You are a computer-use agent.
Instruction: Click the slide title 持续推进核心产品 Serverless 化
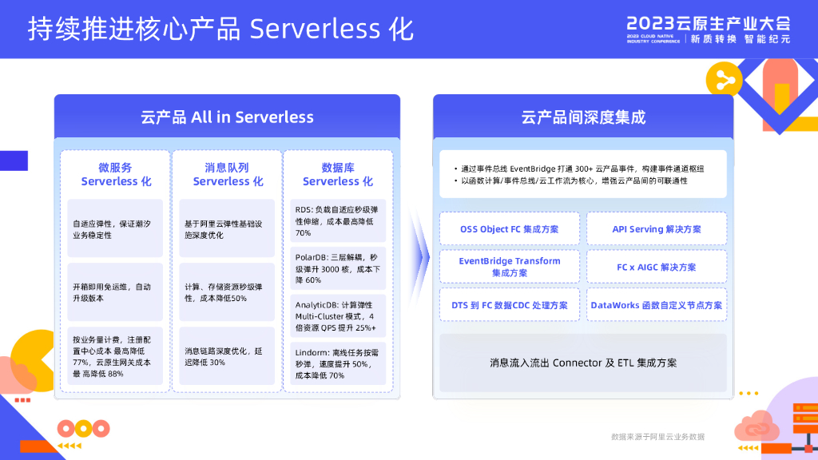(220, 29)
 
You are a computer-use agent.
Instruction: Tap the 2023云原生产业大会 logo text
(708, 23)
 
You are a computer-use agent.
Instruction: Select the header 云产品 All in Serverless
(227, 117)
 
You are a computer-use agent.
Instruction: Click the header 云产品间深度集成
(583, 117)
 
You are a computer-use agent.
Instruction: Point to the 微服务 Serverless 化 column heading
(116, 174)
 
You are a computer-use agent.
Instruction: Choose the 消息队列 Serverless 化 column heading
(228, 174)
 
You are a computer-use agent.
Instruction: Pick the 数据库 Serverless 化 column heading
(338, 174)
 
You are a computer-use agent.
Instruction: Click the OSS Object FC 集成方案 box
(510, 229)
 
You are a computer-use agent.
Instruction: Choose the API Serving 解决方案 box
(657, 229)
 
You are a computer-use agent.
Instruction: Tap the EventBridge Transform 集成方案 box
(510, 267)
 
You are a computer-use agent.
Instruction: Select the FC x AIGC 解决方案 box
(657, 267)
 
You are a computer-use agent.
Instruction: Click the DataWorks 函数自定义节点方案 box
(657, 305)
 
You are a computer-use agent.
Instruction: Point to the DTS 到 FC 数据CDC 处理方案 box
(510, 305)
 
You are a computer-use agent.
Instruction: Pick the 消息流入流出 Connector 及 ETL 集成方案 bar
(583, 363)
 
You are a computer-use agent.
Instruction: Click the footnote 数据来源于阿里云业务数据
(657, 437)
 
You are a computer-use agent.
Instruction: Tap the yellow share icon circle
(725, 78)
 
